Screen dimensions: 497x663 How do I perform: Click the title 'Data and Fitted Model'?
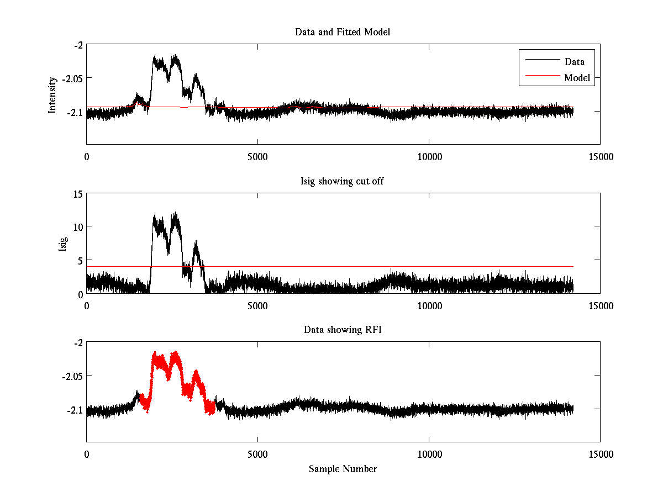pyautogui.click(x=343, y=32)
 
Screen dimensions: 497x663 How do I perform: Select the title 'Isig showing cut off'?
pyautogui.click(x=342, y=181)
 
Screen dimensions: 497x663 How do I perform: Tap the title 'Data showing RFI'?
pyautogui.click(x=343, y=330)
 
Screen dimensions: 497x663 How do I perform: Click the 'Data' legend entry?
pyautogui.click(x=574, y=61)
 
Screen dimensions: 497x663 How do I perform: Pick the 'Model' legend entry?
pyautogui.click(x=577, y=78)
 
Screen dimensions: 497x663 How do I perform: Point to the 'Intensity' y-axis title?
pyautogui.click(x=52, y=94)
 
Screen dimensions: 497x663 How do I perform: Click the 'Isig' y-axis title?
pyautogui.click(x=62, y=243)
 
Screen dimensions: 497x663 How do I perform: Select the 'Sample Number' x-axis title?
pyautogui.click(x=343, y=469)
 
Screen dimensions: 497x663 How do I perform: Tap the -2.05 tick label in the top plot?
pyautogui.click(x=72, y=78)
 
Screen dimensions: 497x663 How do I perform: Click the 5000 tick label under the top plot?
pyautogui.click(x=257, y=157)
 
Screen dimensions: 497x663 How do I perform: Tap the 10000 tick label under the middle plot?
pyautogui.click(x=429, y=305)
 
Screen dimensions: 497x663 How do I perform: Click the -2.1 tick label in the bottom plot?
pyautogui.click(x=75, y=410)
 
